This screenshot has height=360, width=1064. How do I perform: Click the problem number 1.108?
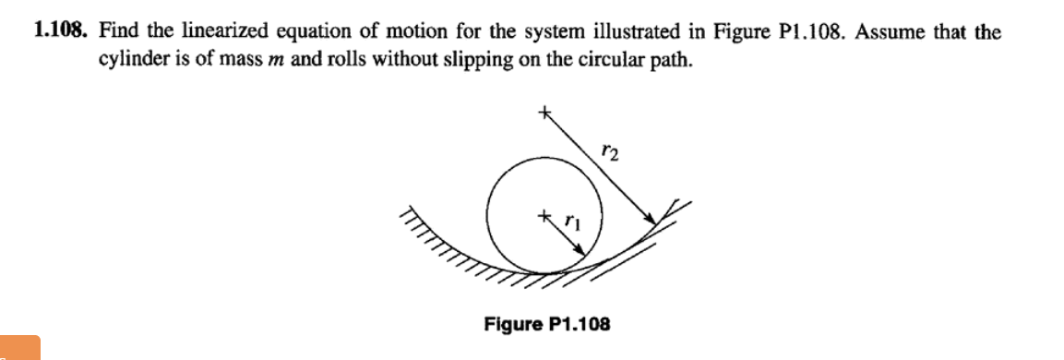click(61, 32)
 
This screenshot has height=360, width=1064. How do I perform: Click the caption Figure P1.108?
click(547, 324)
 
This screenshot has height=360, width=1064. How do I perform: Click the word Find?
click(118, 32)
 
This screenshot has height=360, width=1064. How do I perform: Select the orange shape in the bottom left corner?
click(19, 347)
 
